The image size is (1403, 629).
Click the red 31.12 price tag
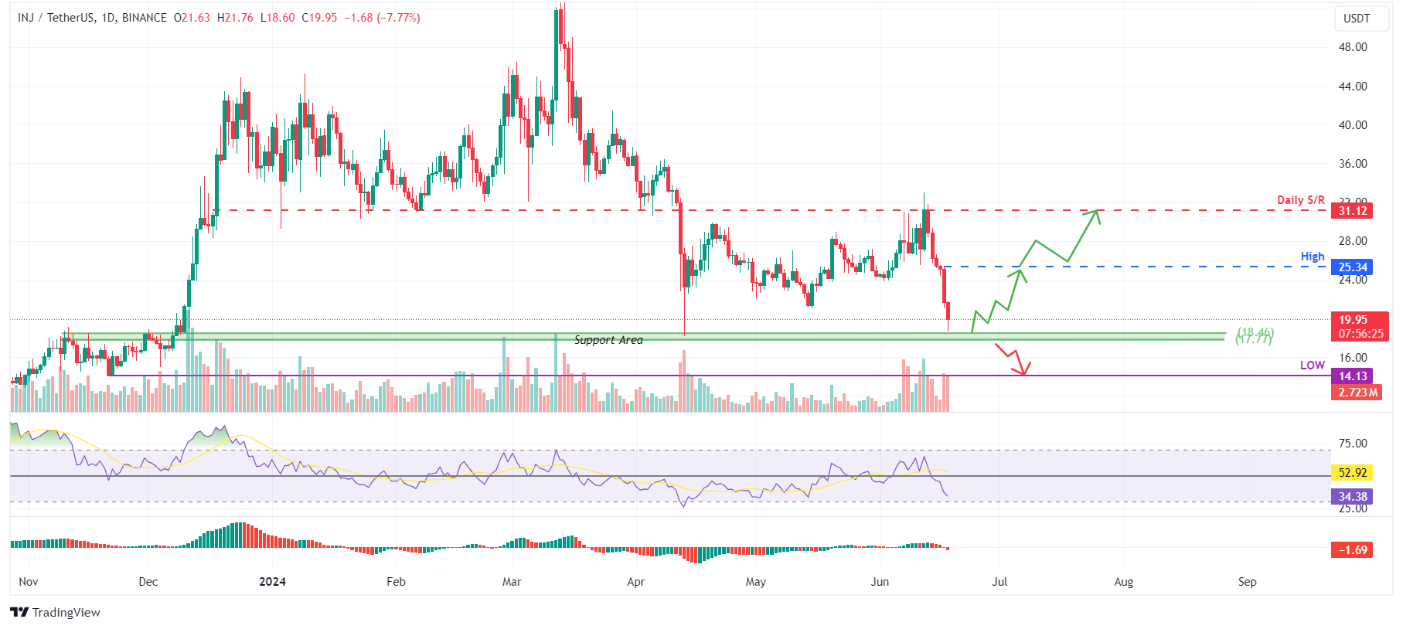[x=1352, y=210]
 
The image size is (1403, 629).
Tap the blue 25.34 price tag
[x=1352, y=267]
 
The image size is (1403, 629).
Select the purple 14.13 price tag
[x=1352, y=376]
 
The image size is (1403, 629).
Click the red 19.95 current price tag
[x=1353, y=320]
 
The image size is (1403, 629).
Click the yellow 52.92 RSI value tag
[x=1352, y=472]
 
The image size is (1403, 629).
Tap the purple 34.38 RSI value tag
[x=1352, y=497]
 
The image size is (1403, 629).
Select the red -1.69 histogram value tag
[x=1352, y=550]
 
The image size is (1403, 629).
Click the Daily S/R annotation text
[x=1300, y=200]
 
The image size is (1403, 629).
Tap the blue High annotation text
[x=1312, y=257]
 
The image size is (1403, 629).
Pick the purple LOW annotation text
[x=1312, y=365]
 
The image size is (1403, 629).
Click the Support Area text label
[x=608, y=340]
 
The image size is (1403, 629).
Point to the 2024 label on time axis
[x=272, y=582]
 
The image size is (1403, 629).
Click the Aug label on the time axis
[x=1123, y=582]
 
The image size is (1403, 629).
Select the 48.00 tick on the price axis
[x=1353, y=47]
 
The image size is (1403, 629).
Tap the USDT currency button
[x=1357, y=19]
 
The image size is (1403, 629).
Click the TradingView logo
[x=56, y=612]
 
